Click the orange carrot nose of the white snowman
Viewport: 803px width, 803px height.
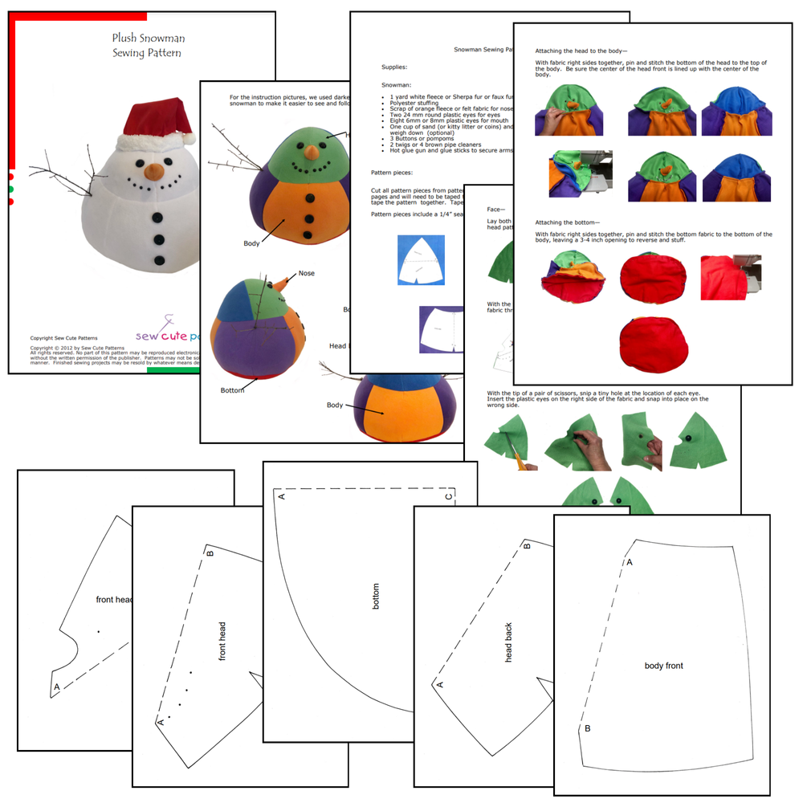click(153, 171)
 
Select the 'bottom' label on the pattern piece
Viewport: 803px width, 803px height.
click(376, 596)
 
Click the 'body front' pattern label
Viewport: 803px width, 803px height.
click(664, 666)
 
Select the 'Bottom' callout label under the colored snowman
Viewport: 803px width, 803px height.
click(232, 390)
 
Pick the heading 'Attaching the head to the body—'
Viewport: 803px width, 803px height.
click(593, 50)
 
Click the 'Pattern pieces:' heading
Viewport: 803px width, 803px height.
click(392, 173)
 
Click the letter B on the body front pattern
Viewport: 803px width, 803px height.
click(588, 728)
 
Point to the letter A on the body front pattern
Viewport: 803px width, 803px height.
click(630, 562)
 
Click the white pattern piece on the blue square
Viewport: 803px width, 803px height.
click(422, 259)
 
